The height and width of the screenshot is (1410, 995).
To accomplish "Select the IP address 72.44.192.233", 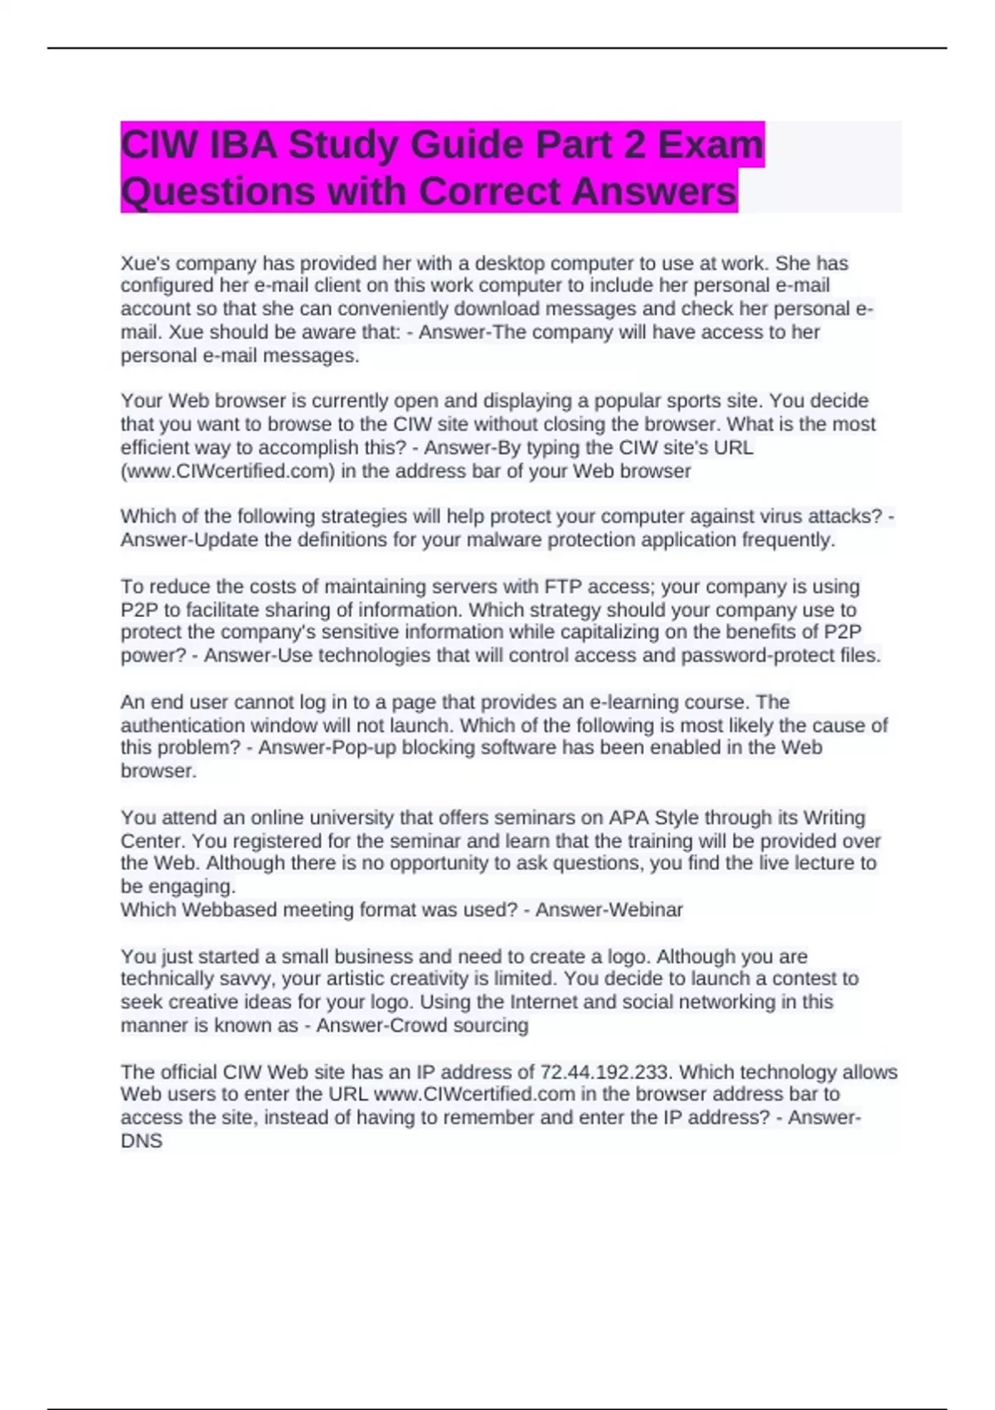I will tap(604, 1072).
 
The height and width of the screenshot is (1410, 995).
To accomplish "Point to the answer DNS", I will tap(141, 1141).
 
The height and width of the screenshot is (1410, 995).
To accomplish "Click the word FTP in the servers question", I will tap(562, 587).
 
